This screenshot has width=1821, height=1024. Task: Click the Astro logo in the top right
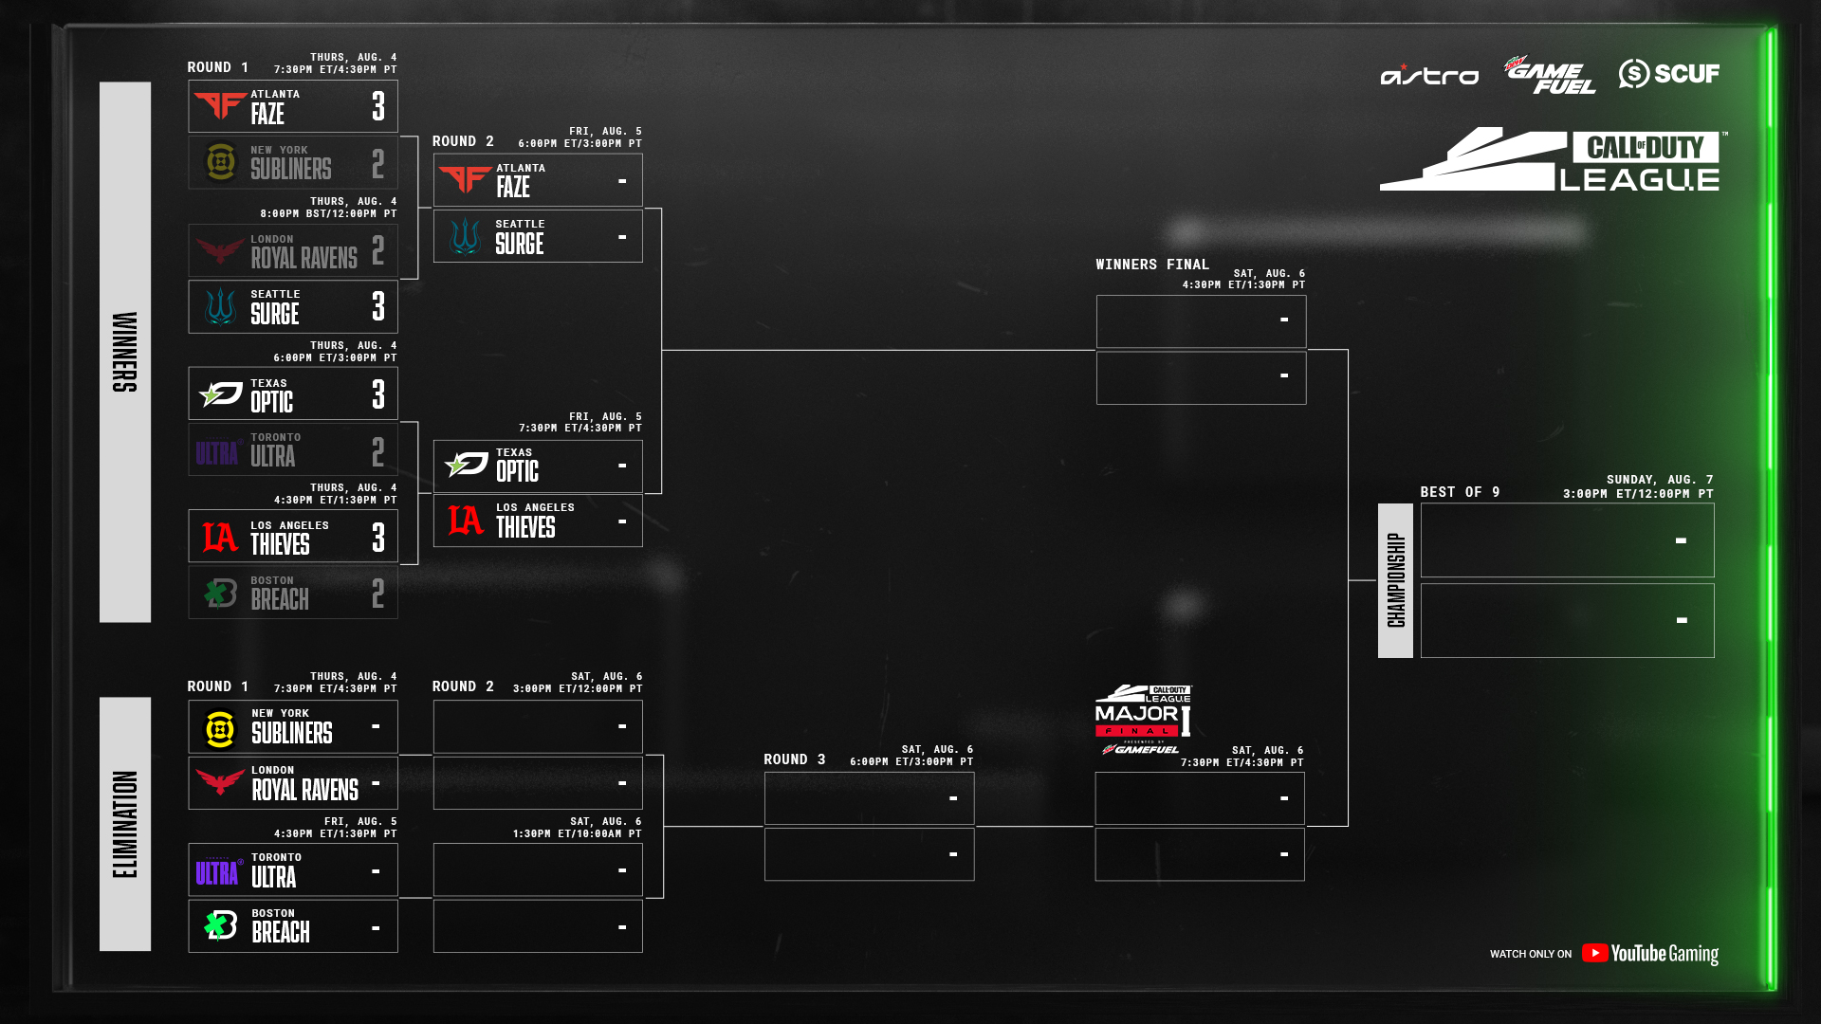[x=1428, y=75]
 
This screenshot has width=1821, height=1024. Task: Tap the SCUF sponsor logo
[x=1668, y=73]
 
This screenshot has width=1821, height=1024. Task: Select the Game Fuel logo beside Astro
[x=1549, y=75]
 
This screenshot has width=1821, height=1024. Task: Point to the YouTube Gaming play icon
[x=1594, y=953]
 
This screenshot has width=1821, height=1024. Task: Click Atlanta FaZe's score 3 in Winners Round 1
[x=378, y=106]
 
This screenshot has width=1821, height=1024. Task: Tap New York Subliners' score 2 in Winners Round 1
[x=378, y=164]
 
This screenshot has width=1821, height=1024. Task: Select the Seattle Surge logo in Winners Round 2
[x=465, y=236]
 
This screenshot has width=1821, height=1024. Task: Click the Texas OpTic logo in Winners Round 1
[x=221, y=393]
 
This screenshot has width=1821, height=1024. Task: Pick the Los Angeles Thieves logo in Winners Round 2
[x=465, y=521]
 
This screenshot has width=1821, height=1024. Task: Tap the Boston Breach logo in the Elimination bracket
[x=221, y=926]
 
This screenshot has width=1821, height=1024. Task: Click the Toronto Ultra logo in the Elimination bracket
[x=218, y=871]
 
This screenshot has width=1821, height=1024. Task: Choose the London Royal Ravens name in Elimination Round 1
[x=304, y=784]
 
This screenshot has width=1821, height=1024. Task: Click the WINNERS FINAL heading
[x=1151, y=265]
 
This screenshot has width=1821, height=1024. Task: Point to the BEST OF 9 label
[x=1459, y=492]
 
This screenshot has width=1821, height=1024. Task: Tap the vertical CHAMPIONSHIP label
[x=1395, y=580]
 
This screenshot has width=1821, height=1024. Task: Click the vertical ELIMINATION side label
[x=125, y=824]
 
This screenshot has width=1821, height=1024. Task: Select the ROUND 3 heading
[x=794, y=759]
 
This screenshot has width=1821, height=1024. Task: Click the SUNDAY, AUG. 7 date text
[x=1659, y=480]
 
